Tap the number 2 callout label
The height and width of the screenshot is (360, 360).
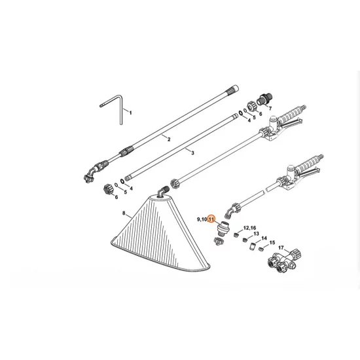(168, 139)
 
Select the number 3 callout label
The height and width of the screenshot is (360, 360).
(193, 152)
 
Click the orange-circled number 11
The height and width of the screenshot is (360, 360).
(211, 220)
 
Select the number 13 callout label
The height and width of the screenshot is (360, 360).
(256, 234)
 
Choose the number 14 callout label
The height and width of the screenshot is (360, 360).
(264, 240)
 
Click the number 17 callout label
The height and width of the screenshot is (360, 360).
(281, 247)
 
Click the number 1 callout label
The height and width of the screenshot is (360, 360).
(130, 113)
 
